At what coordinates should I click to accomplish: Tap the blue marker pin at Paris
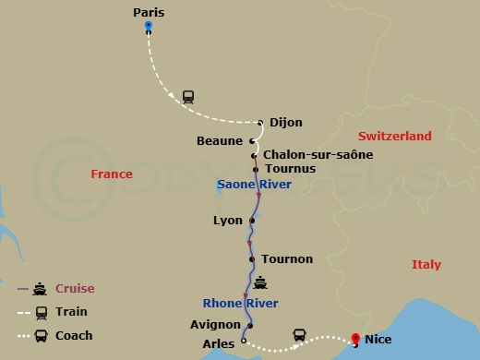[x=148, y=28]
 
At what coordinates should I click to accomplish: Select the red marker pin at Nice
[x=355, y=340]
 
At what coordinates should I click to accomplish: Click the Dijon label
[x=284, y=122]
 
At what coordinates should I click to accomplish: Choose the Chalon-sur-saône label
[x=318, y=154]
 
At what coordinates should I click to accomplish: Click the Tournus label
[x=290, y=169]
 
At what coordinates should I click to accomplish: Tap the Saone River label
[x=254, y=185]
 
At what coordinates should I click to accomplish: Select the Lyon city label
[x=227, y=221]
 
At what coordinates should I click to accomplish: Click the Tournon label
[x=287, y=259]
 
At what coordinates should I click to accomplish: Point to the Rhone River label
[x=240, y=303]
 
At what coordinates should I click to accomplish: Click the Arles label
[x=218, y=342]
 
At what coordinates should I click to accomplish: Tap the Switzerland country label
[x=394, y=137]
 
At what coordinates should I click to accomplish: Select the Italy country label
[x=426, y=265]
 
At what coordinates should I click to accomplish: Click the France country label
[x=112, y=174]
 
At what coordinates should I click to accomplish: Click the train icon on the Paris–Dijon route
[x=188, y=96]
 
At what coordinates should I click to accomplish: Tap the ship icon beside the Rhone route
[x=261, y=283]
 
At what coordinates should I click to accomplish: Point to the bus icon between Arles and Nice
[x=299, y=334]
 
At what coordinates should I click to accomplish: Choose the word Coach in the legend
[x=75, y=335]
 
